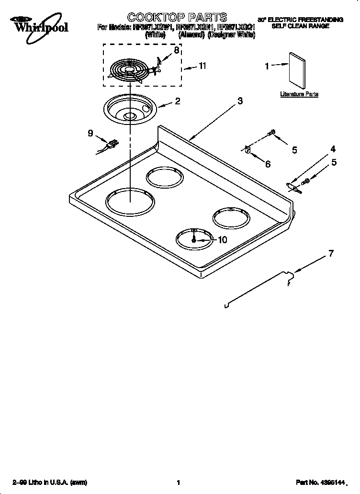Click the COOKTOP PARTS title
pyautogui.click(x=170, y=19)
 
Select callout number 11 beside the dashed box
pyautogui.click(x=202, y=66)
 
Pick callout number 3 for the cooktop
pyautogui.click(x=239, y=101)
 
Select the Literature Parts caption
pyautogui.click(x=299, y=94)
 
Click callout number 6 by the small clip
pyautogui.click(x=267, y=164)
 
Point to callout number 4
pyautogui.click(x=333, y=149)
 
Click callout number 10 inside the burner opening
pyautogui.click(x=222, y=240)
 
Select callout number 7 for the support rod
pyautogui.click(x=330, y=254)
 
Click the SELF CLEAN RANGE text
pyautogui.click(x=300, y=26)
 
